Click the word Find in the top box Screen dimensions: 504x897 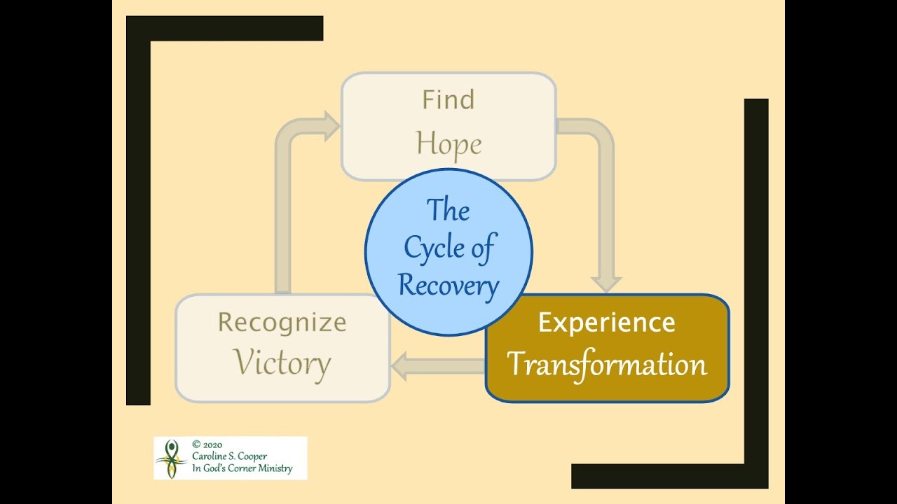[448, 100]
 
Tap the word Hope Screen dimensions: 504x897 [448, 144]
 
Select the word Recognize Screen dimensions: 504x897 [282, 323]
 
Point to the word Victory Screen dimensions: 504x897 [282, 363]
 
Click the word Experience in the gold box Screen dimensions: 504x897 [606, 323]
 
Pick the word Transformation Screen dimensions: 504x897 [607, 365]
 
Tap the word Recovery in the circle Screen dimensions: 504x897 [448, 285]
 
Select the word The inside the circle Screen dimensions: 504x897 [448, 210]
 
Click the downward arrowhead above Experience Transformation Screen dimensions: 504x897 [606, 282]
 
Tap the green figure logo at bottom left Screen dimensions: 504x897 [171, 458]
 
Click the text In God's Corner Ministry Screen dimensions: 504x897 [242, 469]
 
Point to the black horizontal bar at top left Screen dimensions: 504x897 [224, 29]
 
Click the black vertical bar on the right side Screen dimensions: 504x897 [756, 280]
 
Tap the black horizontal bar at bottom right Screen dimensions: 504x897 [669, 476]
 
